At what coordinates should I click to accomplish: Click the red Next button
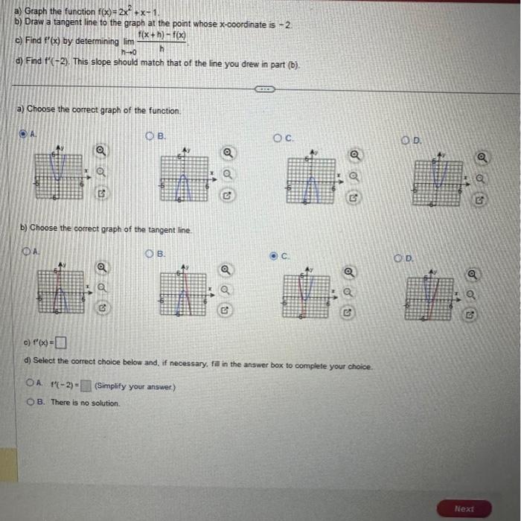[464, 508]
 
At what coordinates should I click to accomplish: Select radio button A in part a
[23, 134]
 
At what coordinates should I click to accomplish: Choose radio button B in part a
[150, 136]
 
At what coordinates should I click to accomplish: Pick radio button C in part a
[278, 138]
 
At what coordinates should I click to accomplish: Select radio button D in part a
[406, 140]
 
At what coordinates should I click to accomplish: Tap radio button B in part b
[150, 254]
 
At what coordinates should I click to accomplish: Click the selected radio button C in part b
[274, 256]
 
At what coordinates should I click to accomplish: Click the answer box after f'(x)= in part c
[60, 343]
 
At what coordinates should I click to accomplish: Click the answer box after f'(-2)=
[86, 386]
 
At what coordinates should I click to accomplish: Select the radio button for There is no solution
[31, 403]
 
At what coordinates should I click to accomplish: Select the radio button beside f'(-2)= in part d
[30, 384]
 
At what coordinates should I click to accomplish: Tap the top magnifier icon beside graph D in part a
[483, 157]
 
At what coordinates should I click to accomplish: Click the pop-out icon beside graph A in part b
[101, 306]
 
